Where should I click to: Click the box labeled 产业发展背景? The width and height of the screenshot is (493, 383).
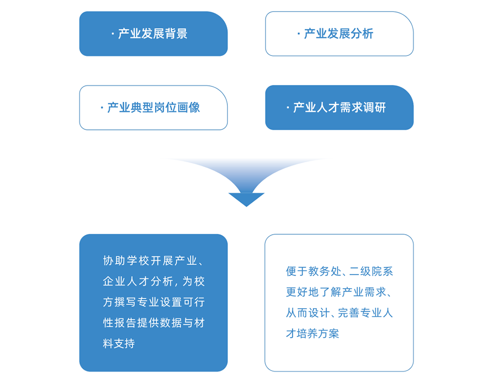tap(153, 33)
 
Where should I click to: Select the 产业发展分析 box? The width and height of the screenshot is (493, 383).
tap(339, 33)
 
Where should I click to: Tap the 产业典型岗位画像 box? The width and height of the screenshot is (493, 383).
tap(153, 107)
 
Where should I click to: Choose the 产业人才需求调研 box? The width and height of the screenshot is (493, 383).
tap(339, 107)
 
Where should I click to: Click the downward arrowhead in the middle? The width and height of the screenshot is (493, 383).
tap(247, 199)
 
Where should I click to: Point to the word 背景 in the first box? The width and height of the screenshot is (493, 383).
tap(176, 33)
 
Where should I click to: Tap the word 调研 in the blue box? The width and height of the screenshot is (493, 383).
tap(375, 107)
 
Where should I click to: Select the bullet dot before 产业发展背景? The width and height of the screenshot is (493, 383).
tap(113, 33)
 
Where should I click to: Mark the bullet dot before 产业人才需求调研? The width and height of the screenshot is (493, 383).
tap(288, 107)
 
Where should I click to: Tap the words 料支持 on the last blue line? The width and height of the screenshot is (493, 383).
tap(119, 344)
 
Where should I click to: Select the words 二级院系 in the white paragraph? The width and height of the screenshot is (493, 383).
tap(371, 271)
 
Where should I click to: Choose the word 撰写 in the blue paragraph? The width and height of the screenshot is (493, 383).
tap(126, 302)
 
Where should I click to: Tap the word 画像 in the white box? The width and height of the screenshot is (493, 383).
tap(188, 107)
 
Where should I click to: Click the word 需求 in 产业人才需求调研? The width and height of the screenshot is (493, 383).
tap(351, 107)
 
